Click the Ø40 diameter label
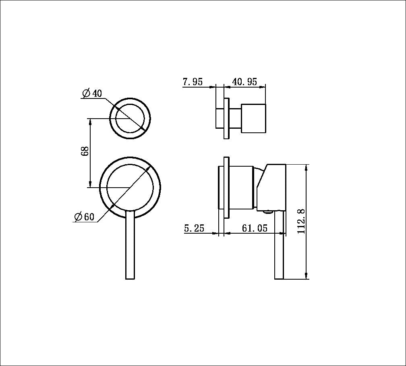point(92,94)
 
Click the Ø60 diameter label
point(84,217)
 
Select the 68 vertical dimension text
point(85,152)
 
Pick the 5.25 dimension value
point(194,228)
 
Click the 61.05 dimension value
point(255,228)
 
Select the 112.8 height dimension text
point(302,221)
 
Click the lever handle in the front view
point(130,246)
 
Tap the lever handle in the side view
point(279,246)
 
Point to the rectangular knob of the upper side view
point(253,118)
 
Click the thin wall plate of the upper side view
point(226,119)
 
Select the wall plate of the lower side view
point(226,187)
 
